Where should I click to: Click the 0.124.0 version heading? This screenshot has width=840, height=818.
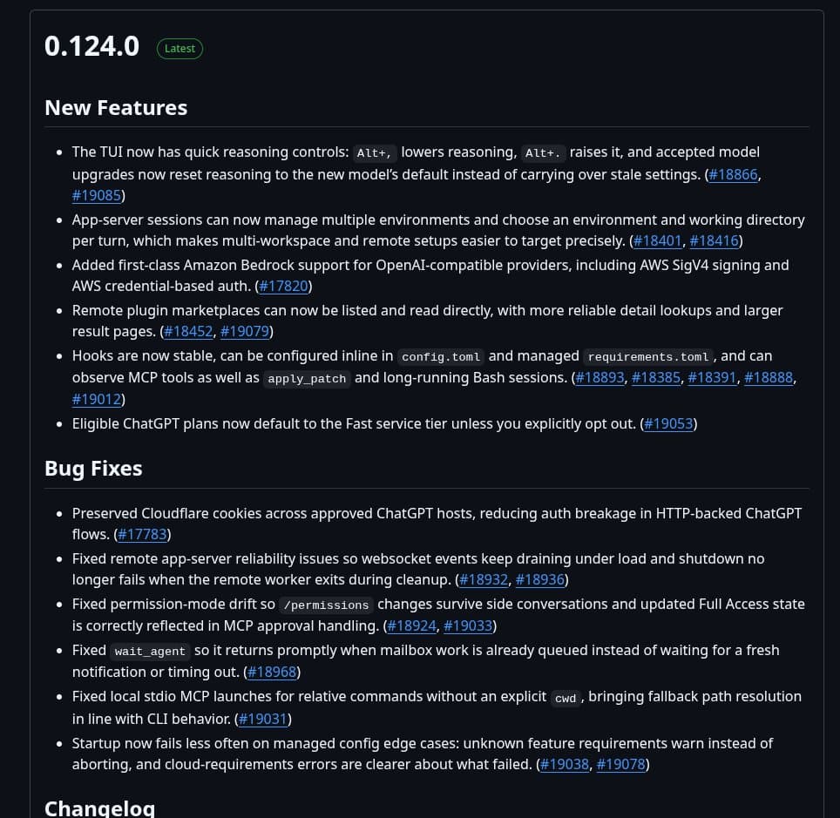(x=91, y=47)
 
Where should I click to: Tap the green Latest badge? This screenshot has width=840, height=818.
(x=180, y=49)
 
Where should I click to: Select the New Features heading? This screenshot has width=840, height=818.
(x=116, y=108)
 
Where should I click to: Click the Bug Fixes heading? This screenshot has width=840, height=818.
(x=93, y=469)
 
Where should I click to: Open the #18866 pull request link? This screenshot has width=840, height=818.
(x=733, y=174)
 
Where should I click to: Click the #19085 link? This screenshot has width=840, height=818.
(x=97, y=195)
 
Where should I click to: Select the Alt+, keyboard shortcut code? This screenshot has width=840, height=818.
(x=375, y=153)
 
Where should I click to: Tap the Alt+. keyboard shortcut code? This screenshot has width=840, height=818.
(x=543, y=153)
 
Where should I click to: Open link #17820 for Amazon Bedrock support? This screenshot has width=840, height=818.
(x=284, y=286)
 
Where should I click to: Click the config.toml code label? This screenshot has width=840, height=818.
(x=440, y=357)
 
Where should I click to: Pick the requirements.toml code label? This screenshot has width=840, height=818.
(x=648, y=357)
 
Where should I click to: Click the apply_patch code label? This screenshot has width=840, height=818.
(x=307, y=379)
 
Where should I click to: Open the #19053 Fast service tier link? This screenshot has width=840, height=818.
(x=669, y=423)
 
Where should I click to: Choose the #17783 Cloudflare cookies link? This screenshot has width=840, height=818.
(x=143, y=534)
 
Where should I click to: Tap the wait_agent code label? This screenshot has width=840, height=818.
(x=150, y=652)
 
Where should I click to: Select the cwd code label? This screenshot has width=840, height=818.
(x=566, y=698)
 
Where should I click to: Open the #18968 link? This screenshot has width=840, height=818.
(x=273, y=672)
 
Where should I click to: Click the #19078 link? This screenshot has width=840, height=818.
(x=621, y=764)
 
